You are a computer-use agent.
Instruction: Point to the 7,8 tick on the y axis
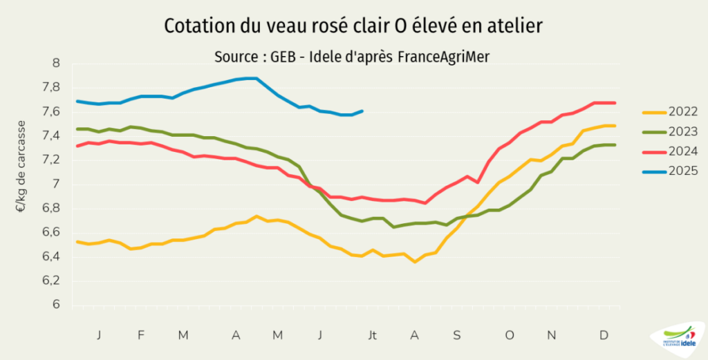pyautogui.click(x=51, y=88)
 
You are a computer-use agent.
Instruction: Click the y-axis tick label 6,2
pyautogui.click(x=51, y=281)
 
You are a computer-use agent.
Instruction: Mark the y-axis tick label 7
pyautogui.click(x=57, y=184)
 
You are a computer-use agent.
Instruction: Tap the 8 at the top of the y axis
pyautogui.click(x=57, y=64)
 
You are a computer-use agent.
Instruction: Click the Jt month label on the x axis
pyautogui.click(x=373, y=335)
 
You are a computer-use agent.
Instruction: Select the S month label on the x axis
pyautogui.click(x=457, y=335)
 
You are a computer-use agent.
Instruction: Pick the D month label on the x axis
pyautogui.click(x=604, y=335)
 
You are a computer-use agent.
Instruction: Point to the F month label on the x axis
pyautogui.click(x=141, y=335)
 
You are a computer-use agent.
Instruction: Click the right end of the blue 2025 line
pyautogui.click(x=362, y=111)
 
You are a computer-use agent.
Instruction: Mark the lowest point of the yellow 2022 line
pyautogui.click(x=415, y=262)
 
